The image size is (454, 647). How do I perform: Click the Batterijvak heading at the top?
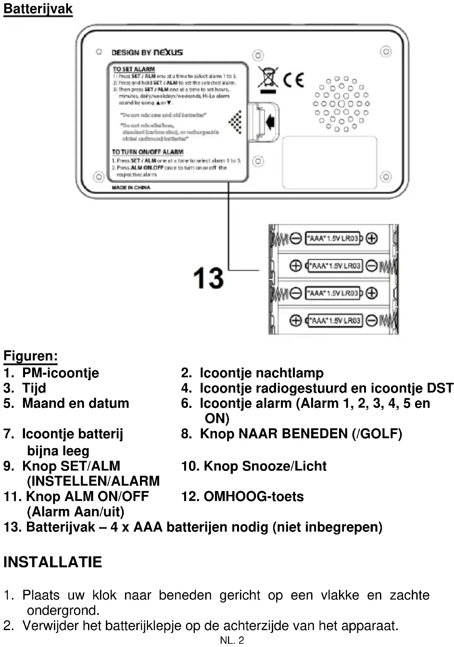(38, 9)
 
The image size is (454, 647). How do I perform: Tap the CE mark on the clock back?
(294, 80)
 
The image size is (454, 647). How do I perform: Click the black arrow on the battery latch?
(270, 122)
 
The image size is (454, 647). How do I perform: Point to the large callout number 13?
(208, 278)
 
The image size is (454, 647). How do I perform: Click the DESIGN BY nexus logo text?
(147, 52)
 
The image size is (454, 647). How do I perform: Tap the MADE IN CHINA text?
(131, 188)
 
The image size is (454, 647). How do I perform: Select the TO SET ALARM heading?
(134, 69)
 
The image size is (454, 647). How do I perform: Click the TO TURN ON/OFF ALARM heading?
(148, 152)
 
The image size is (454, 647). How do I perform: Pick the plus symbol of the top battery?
(372, 238)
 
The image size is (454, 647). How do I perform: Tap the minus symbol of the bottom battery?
(372, 320)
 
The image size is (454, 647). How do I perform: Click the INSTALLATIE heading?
(53, 562)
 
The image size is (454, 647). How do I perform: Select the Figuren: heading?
(31, 356)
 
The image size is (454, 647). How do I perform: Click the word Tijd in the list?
(34, 388)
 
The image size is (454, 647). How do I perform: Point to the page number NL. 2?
(232, 640)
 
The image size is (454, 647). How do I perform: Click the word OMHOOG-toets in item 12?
(254, 497)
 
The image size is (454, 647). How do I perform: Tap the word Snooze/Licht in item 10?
(284, 466)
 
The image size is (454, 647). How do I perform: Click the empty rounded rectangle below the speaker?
(329, 162)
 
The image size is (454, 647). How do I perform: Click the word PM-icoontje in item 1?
(60, 373)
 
